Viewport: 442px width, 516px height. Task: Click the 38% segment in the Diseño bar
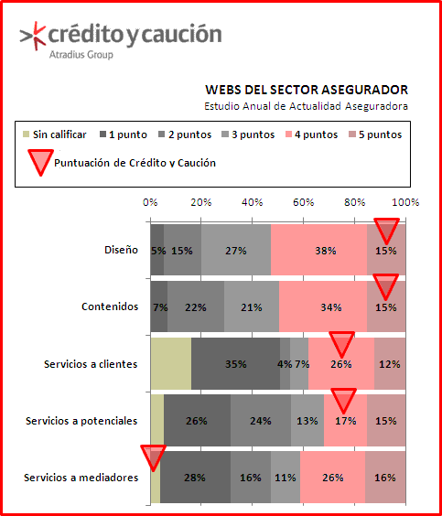[x=318, y=250]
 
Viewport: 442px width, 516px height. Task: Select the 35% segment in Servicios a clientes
[x=236, y=363]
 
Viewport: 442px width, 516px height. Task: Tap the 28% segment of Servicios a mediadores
[x=196, y=477]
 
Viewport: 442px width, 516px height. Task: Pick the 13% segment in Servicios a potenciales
[x=307, y=420]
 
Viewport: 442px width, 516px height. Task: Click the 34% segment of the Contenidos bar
[x=323, y=306]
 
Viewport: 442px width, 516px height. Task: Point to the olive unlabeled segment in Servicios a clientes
[x=171, y=363]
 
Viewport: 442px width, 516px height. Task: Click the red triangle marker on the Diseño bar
[x=386, y=231]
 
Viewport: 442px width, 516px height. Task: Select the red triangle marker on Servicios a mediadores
[x=154, y=458]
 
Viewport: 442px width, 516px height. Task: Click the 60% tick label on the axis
[x=303, y=202]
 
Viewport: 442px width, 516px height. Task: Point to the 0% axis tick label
[x=150, y=202]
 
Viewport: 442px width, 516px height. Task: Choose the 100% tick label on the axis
[x=406, y=202]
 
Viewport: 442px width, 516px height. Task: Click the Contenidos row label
[x=110, y=306]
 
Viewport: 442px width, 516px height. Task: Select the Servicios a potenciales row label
[x=81, y=421]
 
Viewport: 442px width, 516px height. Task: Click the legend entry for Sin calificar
[x=55, y=134]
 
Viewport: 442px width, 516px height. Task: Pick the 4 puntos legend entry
[x=311, y=134]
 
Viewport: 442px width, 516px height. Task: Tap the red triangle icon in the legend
[x=40, y=162]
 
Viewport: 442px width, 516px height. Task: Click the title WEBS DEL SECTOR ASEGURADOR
[x=307, y=90]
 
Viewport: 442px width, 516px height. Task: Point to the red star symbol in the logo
[x=39, y=36]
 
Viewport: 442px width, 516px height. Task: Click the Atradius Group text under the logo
[x=81, y=54]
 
